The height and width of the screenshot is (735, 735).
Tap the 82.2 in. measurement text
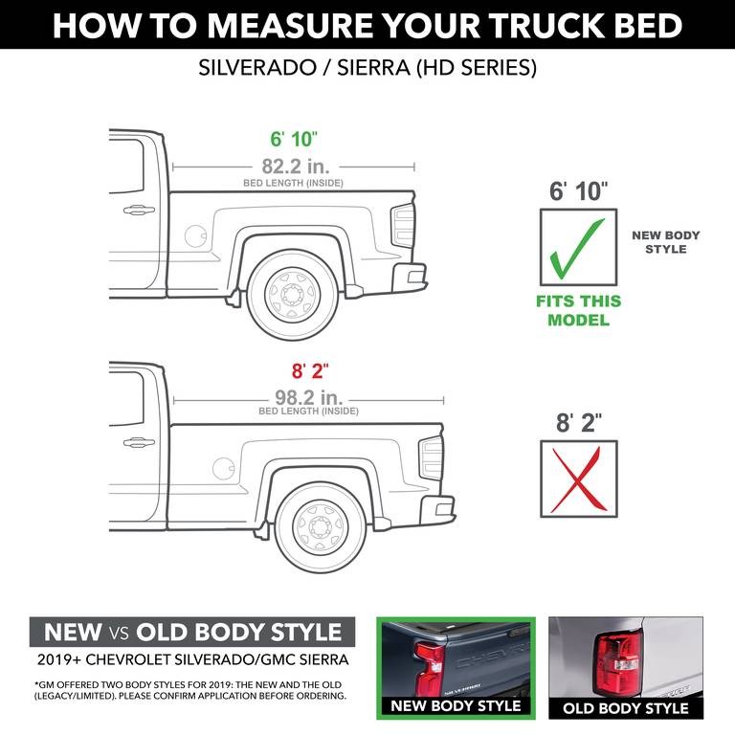pos(293,165)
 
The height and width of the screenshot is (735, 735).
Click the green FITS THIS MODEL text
pos(578,310)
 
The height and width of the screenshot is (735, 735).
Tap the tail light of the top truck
pos(401,226)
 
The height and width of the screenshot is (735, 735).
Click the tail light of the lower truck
pos(432,457)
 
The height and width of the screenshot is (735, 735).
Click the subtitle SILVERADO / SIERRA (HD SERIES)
pos(367,69)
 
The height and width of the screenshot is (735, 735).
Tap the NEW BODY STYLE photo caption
pos(456,706)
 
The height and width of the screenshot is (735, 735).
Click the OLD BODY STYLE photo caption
pos(625,708)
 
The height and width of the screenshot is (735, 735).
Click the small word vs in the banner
pos(120,632)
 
